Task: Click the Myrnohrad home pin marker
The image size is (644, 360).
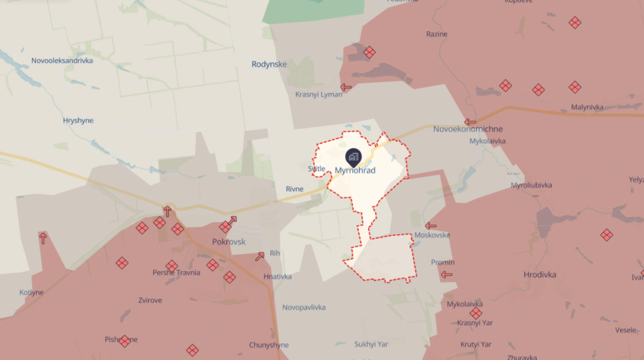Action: click(353, 157)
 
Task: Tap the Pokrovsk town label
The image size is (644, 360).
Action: click(228, 242)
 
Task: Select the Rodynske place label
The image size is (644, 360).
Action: click(269, 64)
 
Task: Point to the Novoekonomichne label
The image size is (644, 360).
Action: click(468, 129)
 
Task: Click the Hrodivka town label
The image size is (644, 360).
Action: click(540, 275)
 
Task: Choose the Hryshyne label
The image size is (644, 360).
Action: click(78, 121)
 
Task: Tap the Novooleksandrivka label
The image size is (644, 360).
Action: click(62, 61)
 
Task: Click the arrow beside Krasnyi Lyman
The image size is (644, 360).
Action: click(346, 88)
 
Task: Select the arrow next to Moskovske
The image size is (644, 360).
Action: click(431, 226)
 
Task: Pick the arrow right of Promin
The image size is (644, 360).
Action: click(447, 274)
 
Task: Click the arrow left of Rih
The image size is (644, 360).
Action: click(260, 256)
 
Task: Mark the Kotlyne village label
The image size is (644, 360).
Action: click(31, 292)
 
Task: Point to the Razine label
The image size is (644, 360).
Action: click(437, 34)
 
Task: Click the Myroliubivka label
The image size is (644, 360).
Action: click(532, 185)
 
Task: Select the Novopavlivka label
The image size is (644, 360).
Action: click(304, 307)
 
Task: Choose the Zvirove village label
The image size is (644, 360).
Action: click(150, 300)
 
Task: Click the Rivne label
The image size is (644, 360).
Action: click(294, 189)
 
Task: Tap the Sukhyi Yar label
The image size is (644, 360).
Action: click(371, 344)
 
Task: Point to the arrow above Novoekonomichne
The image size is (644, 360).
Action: click(470, 122)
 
